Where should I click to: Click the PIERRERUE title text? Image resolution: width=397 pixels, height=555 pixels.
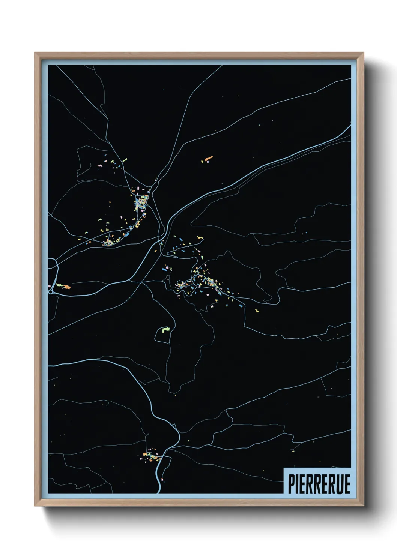coord(319,484)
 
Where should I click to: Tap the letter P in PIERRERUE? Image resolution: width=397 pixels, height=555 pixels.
coord(291,484)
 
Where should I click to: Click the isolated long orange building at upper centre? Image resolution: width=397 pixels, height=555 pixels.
coord(209,159)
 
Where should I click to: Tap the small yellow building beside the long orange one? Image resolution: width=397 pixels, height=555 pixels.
coord(203,162)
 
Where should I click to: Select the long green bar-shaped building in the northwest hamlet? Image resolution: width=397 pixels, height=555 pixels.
coord(125,160)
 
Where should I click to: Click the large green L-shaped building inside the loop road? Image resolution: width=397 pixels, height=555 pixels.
coord(165,330)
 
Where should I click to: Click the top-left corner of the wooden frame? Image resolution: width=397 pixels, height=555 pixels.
coord(35,53)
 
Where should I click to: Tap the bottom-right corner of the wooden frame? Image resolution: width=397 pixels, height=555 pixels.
coord(363,505)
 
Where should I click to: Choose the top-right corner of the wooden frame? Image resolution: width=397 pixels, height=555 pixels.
coord(363,53)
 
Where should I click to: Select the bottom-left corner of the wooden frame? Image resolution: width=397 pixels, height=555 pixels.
coord(35,505)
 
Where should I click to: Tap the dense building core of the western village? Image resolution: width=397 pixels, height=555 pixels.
coord(142,202)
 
